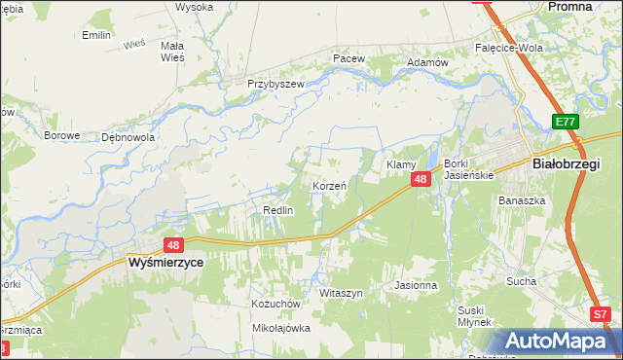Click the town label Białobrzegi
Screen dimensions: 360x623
tap(567, 164)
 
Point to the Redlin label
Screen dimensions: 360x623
tap(278, 210)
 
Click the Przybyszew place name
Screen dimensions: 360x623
tap(275, 85)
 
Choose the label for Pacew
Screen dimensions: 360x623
tap(348, 58)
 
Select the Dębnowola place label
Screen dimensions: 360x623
tap(128, 137)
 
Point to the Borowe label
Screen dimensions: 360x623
tap(60, 135)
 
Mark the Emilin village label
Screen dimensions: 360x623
tap(96, 35)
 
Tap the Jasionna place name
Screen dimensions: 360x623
tap(416, 286)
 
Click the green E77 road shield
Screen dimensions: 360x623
tap(565, 122)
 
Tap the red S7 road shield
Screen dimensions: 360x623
tap(601, 314)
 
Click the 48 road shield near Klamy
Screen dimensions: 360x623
tap(421, 179)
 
